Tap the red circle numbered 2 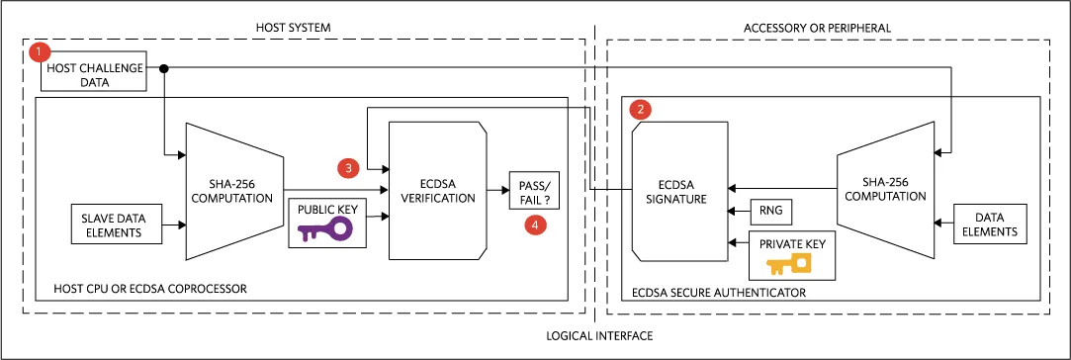tap(640, 109)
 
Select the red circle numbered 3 tap(348, 167)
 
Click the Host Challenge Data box tap(94, 71)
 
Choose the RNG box tap(771, 212)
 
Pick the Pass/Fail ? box tap(535, 191)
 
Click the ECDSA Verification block tap(438, 191)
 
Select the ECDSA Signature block tap(679, 191)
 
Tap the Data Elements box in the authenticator tap(990, 224)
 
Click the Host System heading tap(293, 28)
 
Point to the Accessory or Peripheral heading tap(817, 28)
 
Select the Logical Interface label tap(599, 336)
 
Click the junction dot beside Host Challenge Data tap(164, 68)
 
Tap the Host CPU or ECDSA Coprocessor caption tap(149, 289)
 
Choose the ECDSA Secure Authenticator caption tap(719, 293)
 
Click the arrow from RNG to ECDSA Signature tap(740, 212)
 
